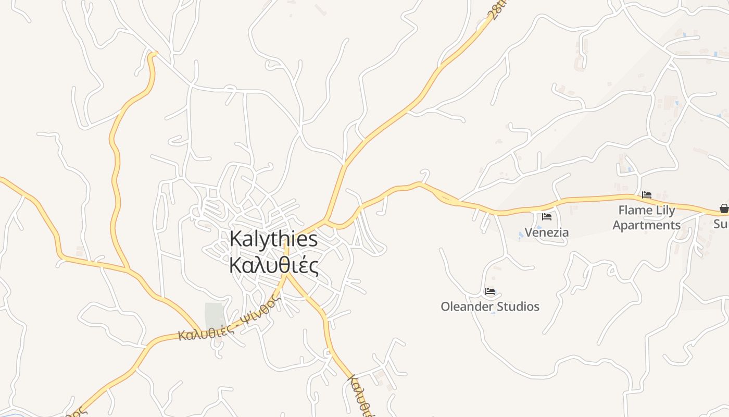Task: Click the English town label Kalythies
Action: pos(273,239)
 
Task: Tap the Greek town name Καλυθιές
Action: pos(273,265)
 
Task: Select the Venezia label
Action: pos(546,232)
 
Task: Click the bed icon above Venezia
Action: pos(546,217)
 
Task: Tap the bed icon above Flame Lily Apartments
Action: pos(647,195)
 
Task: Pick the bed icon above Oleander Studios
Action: pos(489,291)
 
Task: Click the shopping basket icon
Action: pos(724,209)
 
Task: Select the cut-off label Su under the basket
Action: pos(722,224)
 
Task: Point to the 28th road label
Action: pos(498,9)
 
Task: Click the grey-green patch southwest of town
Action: pos(214,316)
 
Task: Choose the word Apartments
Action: pos(646,225)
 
